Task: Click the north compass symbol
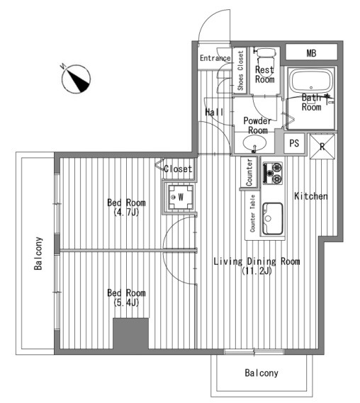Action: click(76, 79)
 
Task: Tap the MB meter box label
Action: click(311, 53)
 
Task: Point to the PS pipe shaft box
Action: click(294, 143)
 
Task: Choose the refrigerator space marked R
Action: click(322, 147)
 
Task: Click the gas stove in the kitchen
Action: click(273, 173)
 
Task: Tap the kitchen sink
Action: click(273, 218)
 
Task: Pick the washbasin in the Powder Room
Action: click(254, 143)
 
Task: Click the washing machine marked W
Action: click(181, 197)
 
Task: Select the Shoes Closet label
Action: click(240, 70)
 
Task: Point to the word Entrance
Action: click(215, 58)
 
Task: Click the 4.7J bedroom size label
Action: click(126, 212)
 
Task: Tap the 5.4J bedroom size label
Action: click(126, 302)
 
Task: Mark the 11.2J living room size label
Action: click(257, 271)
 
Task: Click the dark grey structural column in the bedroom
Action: click(131, 334)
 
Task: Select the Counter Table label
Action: click(253, 213)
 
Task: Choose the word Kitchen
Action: click(311, 196)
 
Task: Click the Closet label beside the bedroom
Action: click(178, 169)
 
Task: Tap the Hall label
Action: click(214, 112)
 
